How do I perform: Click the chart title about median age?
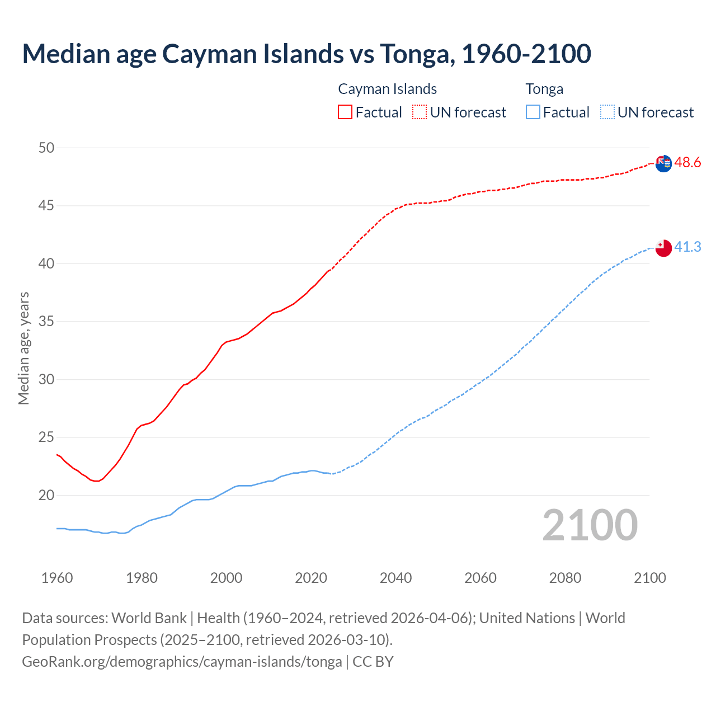307,54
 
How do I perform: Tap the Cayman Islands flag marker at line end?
663,163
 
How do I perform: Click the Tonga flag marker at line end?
663,248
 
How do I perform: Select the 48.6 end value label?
687,163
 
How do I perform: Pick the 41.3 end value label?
687,247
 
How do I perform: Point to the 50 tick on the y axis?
46,148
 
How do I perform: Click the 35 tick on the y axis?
46,322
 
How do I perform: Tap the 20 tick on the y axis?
46,495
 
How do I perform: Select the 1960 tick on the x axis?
57,578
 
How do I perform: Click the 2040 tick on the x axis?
395,578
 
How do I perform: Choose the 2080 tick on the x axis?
565,578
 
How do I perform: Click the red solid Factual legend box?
345,112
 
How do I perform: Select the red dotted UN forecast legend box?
420,112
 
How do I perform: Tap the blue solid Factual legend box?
533,112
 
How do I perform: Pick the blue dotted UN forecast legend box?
607,112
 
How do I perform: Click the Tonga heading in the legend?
544,89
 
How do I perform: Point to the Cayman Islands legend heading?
387,89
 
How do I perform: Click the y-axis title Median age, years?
23,348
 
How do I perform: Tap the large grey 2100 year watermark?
590,525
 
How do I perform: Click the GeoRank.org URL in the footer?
182,662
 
